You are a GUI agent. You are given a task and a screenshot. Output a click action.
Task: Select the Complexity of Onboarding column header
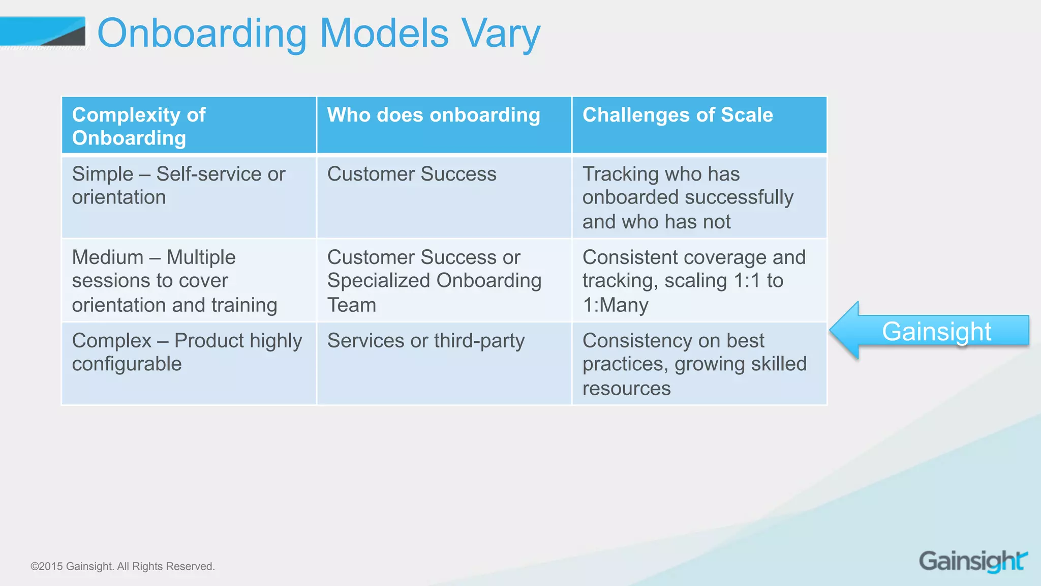click(x=189, y=126)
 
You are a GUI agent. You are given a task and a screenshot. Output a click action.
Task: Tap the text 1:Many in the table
click(x=615, y=305)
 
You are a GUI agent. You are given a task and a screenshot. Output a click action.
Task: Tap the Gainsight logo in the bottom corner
click(x=973, y=561)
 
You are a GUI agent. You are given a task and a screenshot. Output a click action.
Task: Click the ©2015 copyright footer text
click(x=123, y=566)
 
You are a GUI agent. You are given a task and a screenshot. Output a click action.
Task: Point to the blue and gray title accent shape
click(x=43, y=33)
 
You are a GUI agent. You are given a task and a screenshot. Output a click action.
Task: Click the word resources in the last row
click(x=626, y=389)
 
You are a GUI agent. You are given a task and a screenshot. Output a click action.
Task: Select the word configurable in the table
click(x=127, y=364)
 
